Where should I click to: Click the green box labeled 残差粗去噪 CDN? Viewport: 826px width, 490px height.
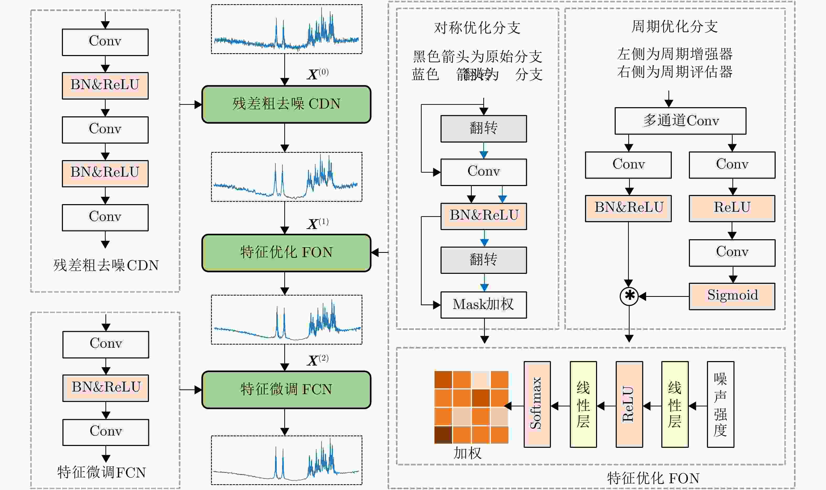(286, 104)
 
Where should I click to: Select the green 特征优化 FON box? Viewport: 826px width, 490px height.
(286, 253)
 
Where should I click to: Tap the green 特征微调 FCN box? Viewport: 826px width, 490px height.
(286, 390)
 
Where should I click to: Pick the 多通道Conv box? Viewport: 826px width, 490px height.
(680, 121)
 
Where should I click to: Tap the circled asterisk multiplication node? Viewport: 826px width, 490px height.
(629, 296)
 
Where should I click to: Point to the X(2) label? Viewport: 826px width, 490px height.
(318, 360)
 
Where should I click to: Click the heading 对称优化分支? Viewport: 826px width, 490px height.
(477, 28)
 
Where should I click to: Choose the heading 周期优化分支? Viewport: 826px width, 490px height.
(674, 26)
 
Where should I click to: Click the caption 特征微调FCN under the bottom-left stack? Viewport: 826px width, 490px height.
(101, 472)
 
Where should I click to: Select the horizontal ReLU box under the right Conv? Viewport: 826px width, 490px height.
(732, 208)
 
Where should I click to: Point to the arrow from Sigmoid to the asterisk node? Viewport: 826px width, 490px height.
(664, 296)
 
